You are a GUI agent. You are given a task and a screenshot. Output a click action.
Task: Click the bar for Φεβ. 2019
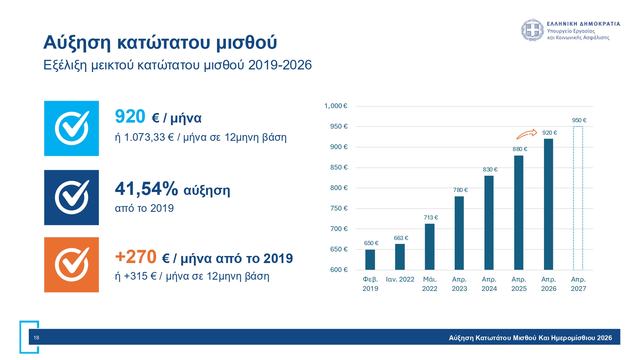(x=370, y=260)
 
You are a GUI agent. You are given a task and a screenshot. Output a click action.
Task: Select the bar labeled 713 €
(x=429, y=246)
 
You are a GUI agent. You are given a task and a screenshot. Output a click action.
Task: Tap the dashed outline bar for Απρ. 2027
(x=578, y=198)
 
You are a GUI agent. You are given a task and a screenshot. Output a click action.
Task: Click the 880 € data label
(x=520, y=149)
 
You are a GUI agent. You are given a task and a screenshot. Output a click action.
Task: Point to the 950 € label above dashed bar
(x=579, y=120)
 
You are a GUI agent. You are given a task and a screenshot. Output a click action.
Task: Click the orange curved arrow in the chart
(x=527, y=134)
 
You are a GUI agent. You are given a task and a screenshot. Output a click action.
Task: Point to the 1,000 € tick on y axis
(x=336, y=106)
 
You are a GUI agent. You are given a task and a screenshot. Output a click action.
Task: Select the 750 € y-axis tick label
(x=339, y=208)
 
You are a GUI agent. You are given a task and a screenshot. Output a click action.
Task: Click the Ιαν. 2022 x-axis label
(x=400, y=279)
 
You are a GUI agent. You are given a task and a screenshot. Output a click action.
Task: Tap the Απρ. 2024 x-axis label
(x=489, y=284)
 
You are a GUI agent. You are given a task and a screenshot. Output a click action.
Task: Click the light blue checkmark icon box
(x=71, y=128)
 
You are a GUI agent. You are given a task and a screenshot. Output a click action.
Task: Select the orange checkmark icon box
(x=71, y=265)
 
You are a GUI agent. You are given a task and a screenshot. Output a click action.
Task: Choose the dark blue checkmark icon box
(x=71, y=197)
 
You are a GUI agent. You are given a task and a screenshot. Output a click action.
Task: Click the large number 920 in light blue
(x=130, y=116)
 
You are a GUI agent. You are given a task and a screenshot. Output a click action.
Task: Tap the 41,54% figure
(x=146, y=189)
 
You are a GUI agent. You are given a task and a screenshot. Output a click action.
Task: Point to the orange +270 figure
(x=136, y=257)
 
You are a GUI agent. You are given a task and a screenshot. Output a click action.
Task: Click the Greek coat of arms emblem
(x=532, y=30)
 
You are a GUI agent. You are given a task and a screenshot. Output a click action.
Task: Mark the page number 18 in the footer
(x=36, y=338)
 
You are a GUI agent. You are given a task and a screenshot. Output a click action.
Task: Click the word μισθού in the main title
(x=246, y=43)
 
